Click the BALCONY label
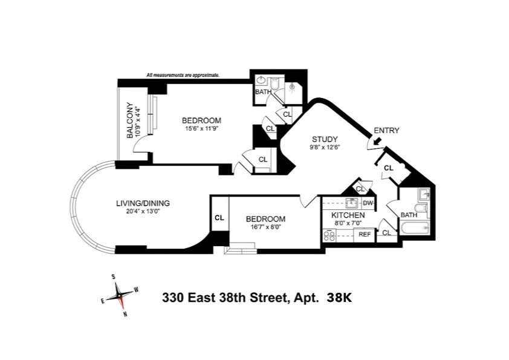129,121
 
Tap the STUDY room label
324,139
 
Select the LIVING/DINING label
143,203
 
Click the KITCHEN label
348,215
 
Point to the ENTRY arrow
377,142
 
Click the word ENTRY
386,130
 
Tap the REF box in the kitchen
365,234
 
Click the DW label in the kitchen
367,203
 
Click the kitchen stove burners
330,234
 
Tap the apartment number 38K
339,297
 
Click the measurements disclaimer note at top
183,76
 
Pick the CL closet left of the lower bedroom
219,218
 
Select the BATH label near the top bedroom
262,92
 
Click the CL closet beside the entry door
388,168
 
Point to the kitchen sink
351,203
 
